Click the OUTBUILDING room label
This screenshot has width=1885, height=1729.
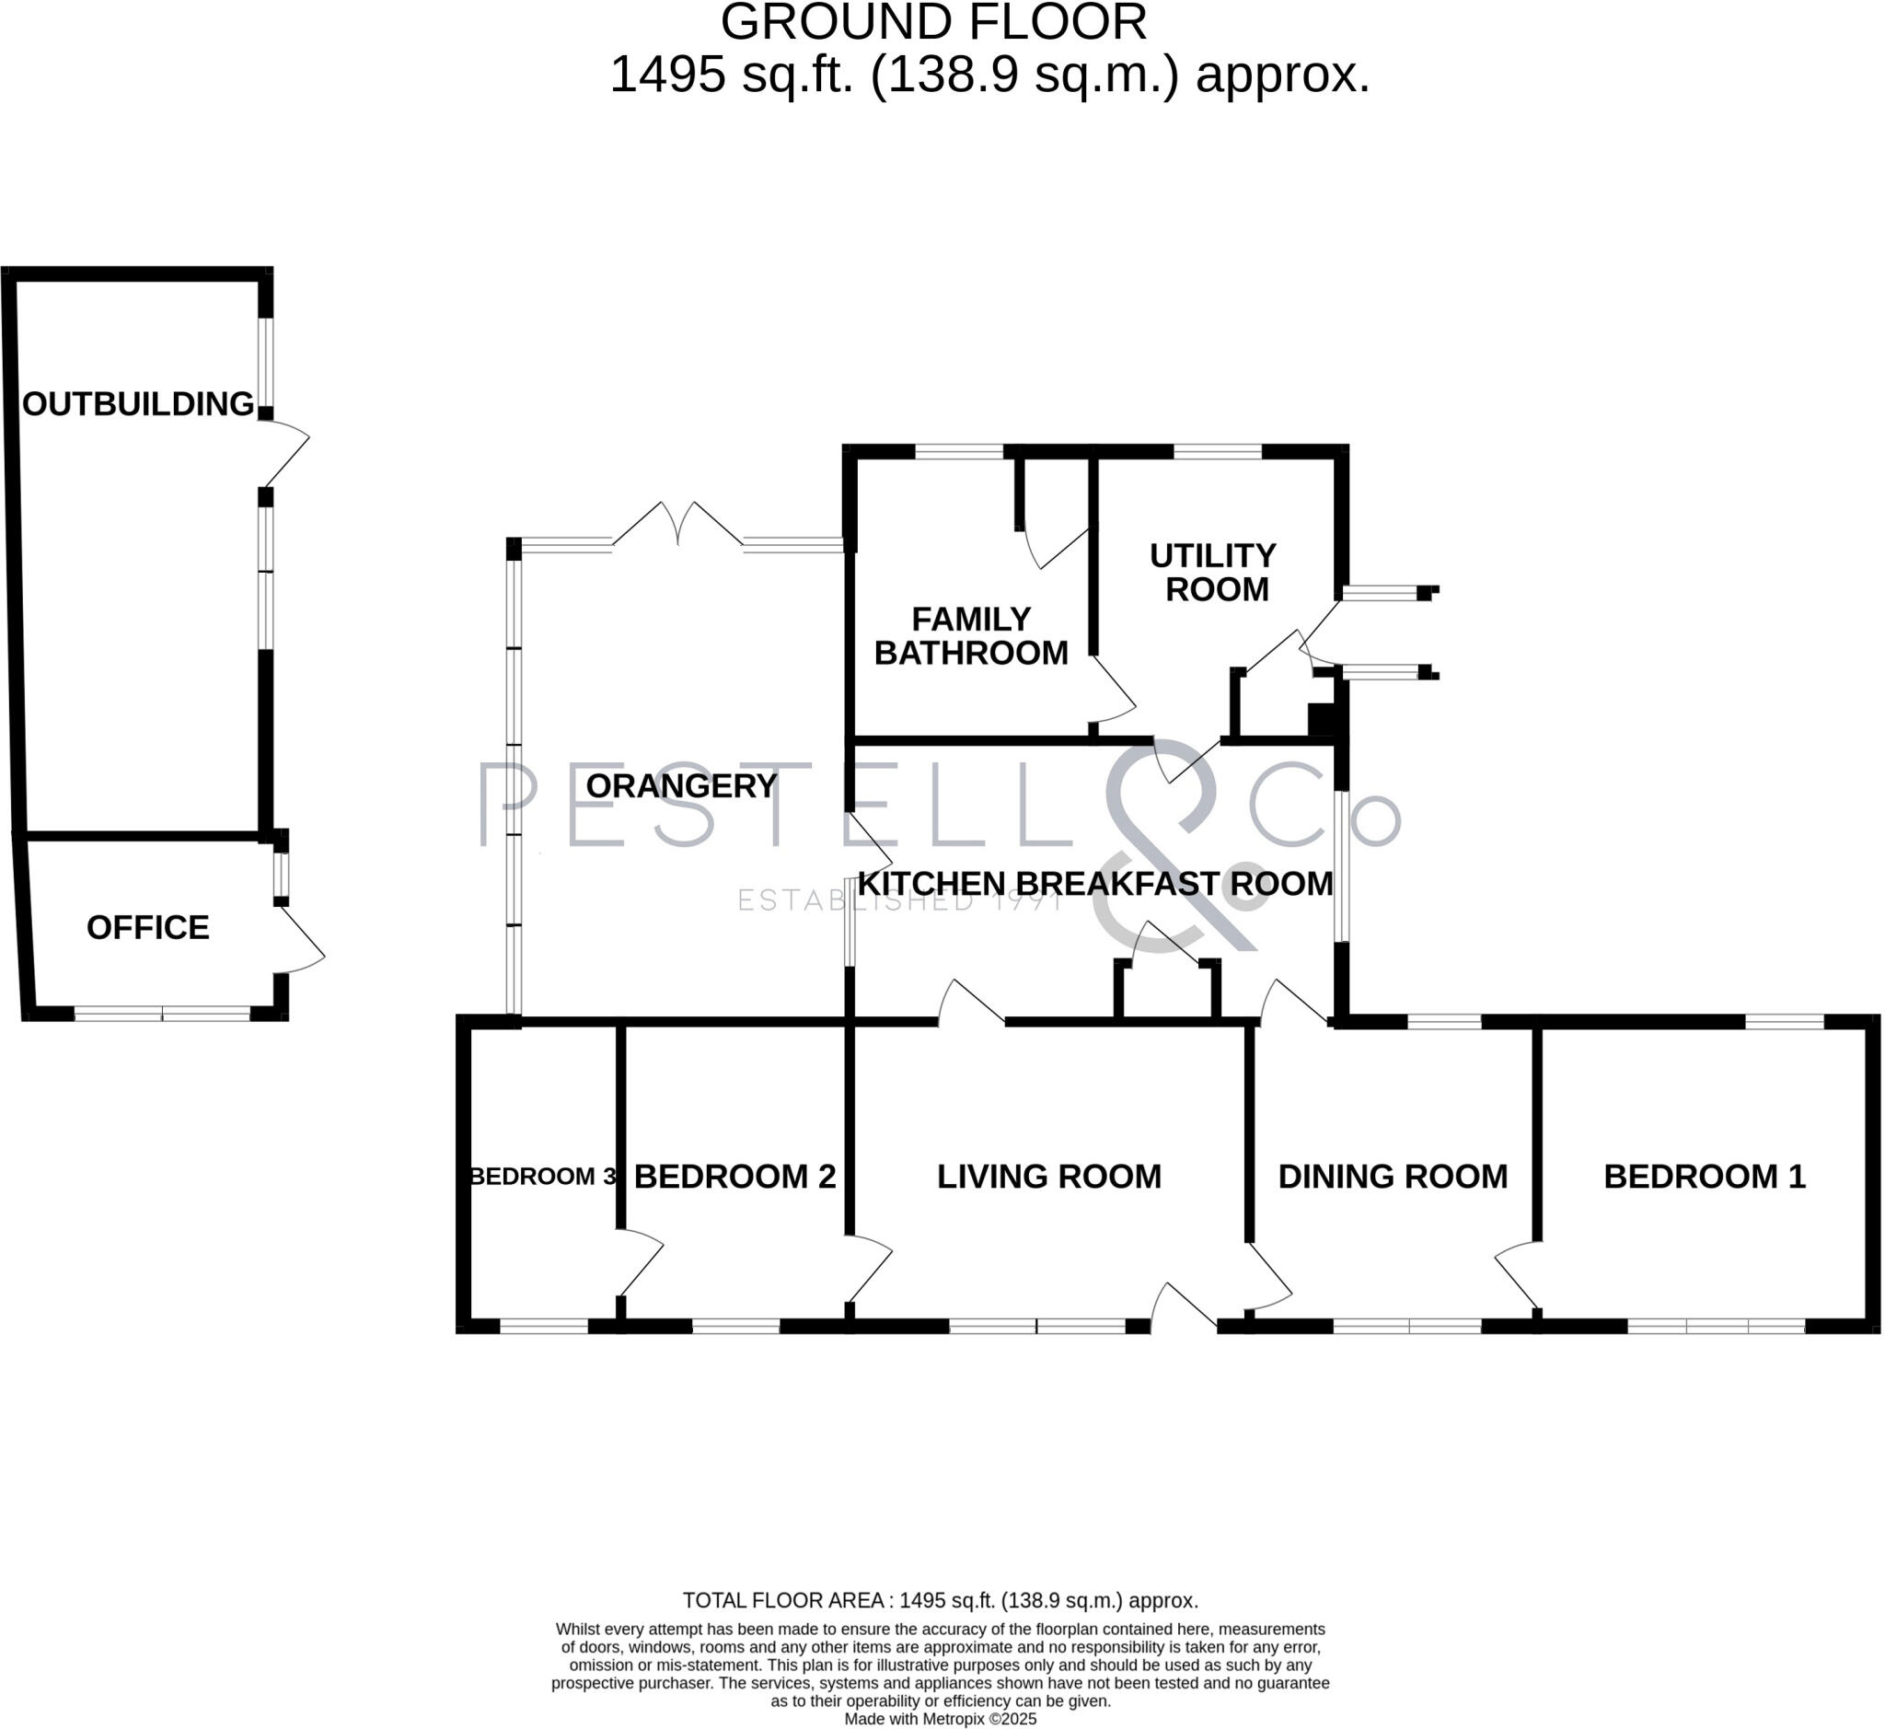pyautogui.click(x=138, y=404)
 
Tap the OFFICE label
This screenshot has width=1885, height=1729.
pyautogui.click(x=148, y=928)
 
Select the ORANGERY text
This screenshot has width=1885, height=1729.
pyautogui.click(x=681, y=786)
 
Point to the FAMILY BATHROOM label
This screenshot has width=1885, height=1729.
pyautogui.click(x=971, y=636)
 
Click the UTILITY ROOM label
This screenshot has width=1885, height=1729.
pyautogui.click(x=1213, y=573)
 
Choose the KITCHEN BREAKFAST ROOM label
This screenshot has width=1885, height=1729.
pyautogui.click(x=1095, y=884)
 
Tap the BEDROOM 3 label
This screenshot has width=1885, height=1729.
pyautogui.click(x=542, y=1177)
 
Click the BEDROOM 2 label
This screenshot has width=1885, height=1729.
pyautogui.click(x=735, y=1177)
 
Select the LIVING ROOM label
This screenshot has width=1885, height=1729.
pyautogui.click(x=1049, y=1177)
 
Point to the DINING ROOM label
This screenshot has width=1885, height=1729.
pyautogui.click(x=1393, y=1177)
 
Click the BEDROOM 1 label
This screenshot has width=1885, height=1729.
pyautogui.click(x=1705, y=1177)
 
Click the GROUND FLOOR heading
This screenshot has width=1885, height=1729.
pyautogui.click(x=933, y=22)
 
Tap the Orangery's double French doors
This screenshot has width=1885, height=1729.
pyautogui.click(x=677, y=524)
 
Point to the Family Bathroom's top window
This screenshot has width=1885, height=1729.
pyautogui.click(x=959, y=452)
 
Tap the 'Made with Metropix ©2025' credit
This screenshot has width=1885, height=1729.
pyautogui.click(x=940, y=1719)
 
